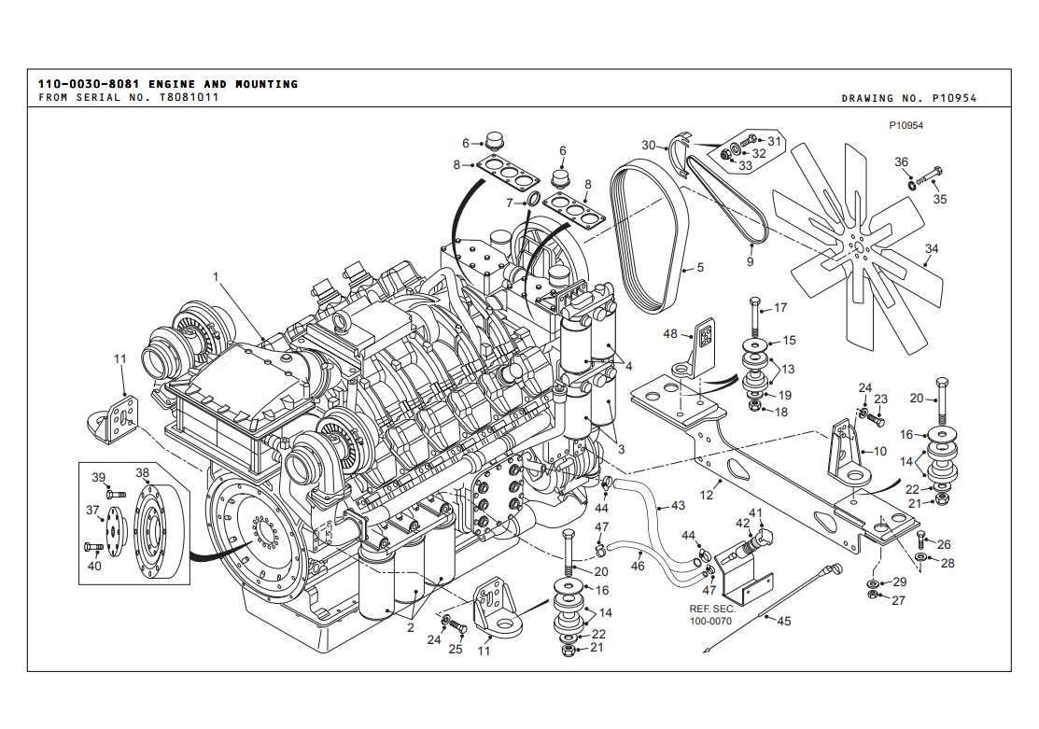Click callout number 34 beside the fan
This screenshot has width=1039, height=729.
(x=931, y=249)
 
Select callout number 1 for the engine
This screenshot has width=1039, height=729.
(x=216, y=276)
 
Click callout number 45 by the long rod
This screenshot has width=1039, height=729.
(x=783, y=622)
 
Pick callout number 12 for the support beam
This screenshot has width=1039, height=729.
(x=707, y=495)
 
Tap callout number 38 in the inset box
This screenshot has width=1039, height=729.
(x=143, y=472)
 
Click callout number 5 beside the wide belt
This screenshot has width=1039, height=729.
(x=699, y=267)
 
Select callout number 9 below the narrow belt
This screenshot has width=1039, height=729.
(x=750, y=261)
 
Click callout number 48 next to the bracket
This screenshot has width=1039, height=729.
(x=670, y=333)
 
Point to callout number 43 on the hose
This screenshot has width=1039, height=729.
(x=678, y=505)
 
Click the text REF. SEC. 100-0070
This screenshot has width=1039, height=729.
(x=711, y=615)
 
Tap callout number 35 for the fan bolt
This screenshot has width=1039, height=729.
(x=940, y=199)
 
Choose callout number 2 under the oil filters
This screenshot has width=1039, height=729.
(x=410, y=627)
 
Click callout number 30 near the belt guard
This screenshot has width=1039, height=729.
(x=649, y=145)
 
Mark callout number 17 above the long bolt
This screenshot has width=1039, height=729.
(x=780, y=307)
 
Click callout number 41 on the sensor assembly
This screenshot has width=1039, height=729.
(x=756, y=513)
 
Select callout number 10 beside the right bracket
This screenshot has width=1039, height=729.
(x=879, y=451)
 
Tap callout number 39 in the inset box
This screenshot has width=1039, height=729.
(x=99, y=478)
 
